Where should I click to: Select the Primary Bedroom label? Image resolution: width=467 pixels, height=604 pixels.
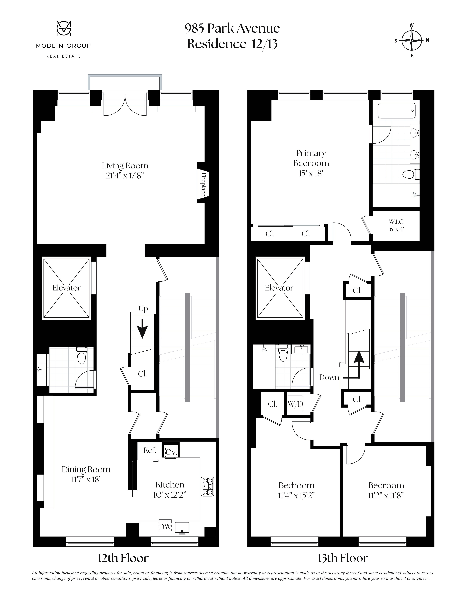[311, 158]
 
